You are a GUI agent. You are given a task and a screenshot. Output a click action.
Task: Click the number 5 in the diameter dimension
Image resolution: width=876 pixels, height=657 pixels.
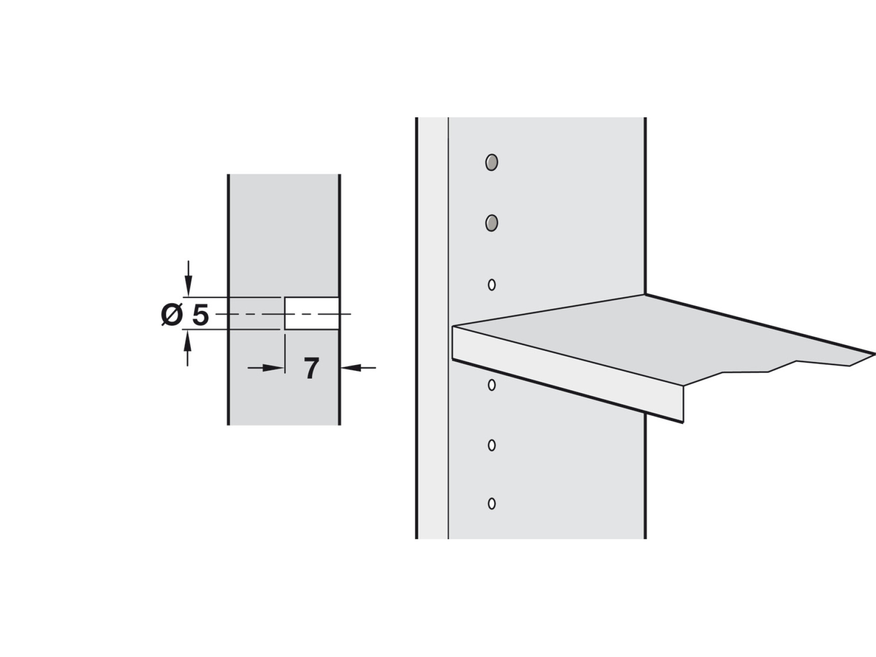pos(201,315)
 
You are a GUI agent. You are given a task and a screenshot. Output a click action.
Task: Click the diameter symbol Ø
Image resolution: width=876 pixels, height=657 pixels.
pos(171,315)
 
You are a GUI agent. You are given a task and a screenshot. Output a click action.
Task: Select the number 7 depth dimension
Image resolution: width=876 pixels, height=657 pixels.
pos(311,368)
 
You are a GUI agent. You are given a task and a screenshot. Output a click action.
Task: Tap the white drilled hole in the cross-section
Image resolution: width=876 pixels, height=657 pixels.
pos(311,313)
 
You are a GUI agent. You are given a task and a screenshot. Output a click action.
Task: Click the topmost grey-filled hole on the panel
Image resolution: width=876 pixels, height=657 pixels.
pos(492,162)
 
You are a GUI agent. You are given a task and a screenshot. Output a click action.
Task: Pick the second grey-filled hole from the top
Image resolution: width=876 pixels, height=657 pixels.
pos(492,223)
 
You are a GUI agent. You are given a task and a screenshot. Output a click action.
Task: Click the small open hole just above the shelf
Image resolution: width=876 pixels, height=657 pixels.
pos(492,285)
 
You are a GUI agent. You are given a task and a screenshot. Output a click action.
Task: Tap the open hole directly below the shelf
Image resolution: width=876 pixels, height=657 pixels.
pos(492,385)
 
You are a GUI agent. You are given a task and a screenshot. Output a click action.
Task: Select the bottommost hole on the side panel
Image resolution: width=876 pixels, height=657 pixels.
pos(492,504)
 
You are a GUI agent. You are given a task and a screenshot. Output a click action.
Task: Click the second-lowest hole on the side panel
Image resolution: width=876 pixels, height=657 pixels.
pos(492,445)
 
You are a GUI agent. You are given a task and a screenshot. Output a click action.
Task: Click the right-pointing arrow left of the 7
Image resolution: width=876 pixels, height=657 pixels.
pos(266,368)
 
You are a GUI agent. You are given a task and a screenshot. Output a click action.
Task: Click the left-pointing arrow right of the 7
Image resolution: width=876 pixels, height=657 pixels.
pos(358,368)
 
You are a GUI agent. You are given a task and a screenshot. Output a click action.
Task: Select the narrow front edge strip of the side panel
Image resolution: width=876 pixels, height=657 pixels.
pos(433,328)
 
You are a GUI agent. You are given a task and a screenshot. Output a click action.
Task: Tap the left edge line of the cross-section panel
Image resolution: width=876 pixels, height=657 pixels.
pos(228,299)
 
